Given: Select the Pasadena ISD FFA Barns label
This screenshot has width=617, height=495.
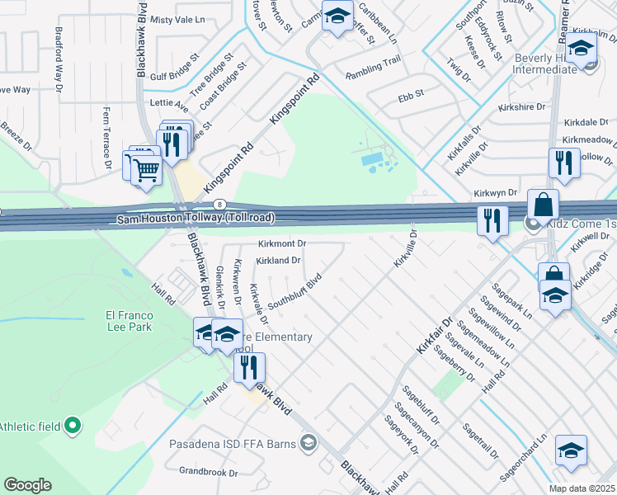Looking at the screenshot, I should [x=234, y=444].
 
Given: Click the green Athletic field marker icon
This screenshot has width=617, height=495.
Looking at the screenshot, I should [x=73, y=426].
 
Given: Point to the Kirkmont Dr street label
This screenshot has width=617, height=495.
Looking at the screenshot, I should [x=282, y=244].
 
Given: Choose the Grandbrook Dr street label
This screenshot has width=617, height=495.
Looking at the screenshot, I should [x=208, y=474].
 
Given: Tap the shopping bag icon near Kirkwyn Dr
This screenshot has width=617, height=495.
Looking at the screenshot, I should [x=544, y=204].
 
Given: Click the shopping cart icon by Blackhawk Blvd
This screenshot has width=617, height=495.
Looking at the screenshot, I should [x=147, y=170].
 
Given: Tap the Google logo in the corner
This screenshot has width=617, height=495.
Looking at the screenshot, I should [x=27, y=485].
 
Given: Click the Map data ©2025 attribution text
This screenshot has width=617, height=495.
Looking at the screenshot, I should [x=582, y=488].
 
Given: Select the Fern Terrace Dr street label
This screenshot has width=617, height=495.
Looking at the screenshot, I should [x=107, y=137].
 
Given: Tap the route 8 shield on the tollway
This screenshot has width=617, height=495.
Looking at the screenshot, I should [x=219, y=203].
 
